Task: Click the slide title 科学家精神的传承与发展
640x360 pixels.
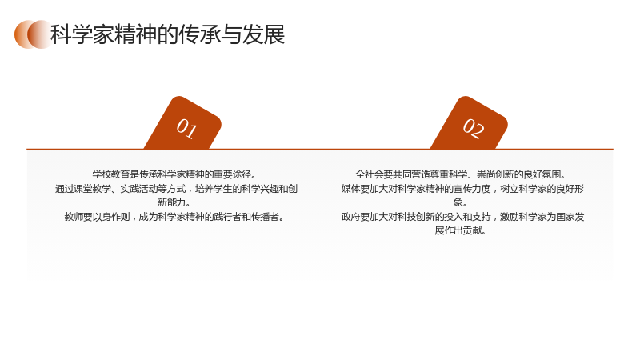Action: (167, 34)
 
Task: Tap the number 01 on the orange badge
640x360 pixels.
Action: (187, 129)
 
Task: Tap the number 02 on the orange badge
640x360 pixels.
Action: (474, 129)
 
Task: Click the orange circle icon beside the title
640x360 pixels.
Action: (33, 34)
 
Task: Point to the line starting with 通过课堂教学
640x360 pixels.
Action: (176, 189)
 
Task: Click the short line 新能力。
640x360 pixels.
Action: (174, 202)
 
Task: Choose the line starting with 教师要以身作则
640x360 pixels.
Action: (174, 216)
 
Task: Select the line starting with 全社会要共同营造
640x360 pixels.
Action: (462, 174)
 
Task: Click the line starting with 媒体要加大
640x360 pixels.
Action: (462, 189)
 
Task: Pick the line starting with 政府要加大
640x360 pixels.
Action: (462, 216)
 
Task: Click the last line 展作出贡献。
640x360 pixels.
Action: (461, 230)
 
